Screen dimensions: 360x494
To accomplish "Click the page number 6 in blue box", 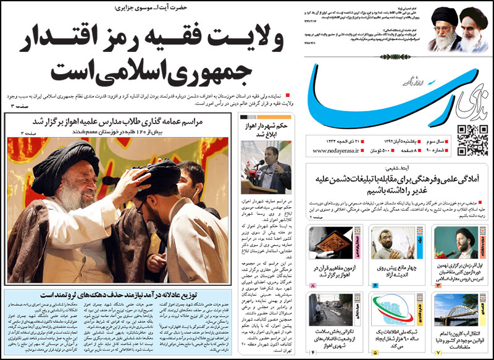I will coord(375,286).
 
